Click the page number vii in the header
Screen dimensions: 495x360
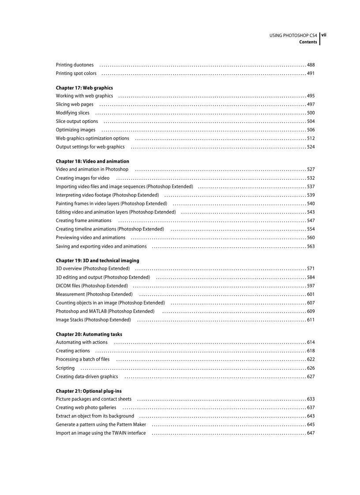pos(323,34)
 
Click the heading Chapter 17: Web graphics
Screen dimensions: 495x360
pos(84,88)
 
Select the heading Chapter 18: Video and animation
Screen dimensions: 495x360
pos(92,161)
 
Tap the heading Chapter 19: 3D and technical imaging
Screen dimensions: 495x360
pos(97,261)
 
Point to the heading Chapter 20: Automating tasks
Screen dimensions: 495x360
pos(89,334)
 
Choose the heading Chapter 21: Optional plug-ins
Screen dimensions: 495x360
pos(88,391)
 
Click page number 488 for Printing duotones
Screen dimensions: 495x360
pos(311,65)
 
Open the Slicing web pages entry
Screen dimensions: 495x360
pos(75,104)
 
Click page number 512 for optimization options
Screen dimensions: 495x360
pos(311,138)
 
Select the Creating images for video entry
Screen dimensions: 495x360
pos(82,178)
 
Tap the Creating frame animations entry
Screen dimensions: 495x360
pos(83,220)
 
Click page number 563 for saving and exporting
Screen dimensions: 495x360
pos(311,246)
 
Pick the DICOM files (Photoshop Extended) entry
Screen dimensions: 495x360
pos(92,286)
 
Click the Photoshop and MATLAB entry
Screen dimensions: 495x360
pos(105,311)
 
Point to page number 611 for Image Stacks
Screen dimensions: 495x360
pos(311,320)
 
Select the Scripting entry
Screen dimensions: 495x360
pos(65,368)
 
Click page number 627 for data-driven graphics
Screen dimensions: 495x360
pos(311,376)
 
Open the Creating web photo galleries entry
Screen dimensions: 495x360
pos(86,408)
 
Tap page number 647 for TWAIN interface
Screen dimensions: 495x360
pos(311,433)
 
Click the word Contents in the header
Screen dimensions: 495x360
pos(308,42)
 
